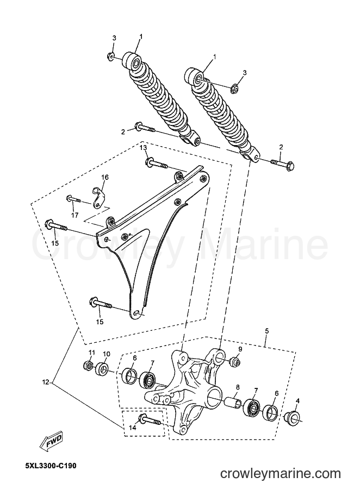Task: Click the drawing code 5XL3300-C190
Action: point(51,466)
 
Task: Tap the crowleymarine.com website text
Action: point(280,474)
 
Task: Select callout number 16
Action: point(104,177)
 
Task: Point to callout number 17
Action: point(74,216)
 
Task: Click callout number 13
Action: point(143,148)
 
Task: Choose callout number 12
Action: point(46,382)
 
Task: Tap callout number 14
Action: point(133,428)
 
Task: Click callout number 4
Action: point(297,401)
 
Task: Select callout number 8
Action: point(238,387)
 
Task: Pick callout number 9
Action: point(240,349)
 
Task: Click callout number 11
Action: point(91,353)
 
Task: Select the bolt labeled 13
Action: point(157,164)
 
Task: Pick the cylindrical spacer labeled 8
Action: point(233,400)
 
